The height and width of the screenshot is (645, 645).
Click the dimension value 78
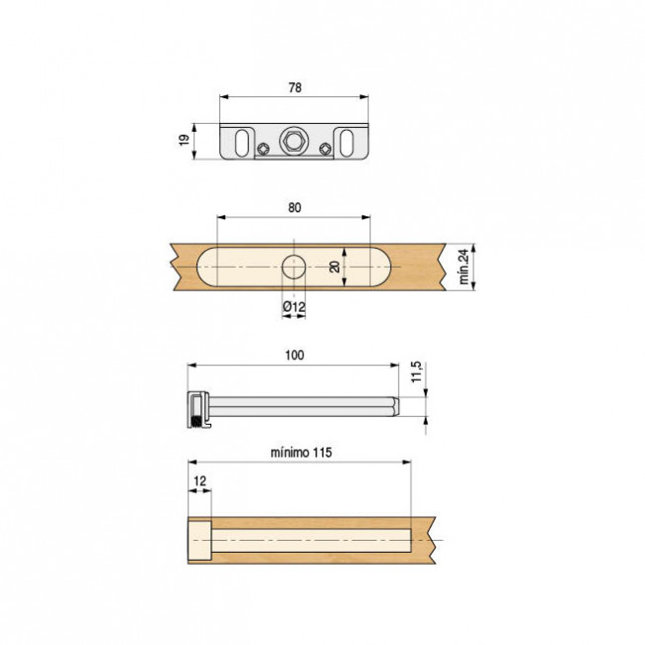[x=295, y=87]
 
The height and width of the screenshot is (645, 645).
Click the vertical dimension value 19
[x=185, y=141]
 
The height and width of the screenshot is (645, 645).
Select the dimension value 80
[x=295, y=207]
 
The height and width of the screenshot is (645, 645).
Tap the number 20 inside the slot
[x=335, y=267]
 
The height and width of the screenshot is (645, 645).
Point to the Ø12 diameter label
[x=294, y=308]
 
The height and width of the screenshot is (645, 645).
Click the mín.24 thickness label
[x=463, y=267]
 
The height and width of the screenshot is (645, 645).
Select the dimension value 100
[x=295, y=354]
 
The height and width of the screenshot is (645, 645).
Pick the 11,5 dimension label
[x=417, y=374]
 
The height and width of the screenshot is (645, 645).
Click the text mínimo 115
[x=301, y=452]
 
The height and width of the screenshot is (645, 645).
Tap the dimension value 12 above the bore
[x=198, y=481]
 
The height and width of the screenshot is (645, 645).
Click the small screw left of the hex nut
[x=262, y=150]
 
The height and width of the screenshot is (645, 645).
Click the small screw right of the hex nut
[x=326, y=150]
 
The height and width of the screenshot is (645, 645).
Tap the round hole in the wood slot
[x=294, y=267]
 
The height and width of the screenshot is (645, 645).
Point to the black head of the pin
[x=195, y=409]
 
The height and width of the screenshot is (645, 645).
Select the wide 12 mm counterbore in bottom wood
[x=199, y=540]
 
